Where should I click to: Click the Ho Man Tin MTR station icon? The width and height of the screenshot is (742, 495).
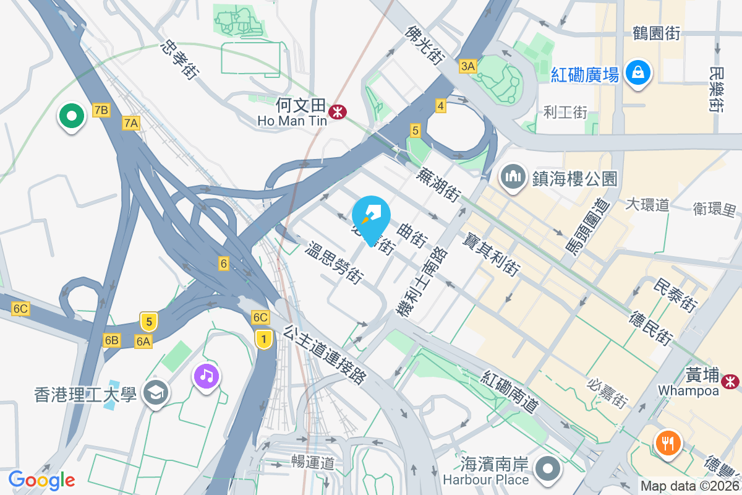[338, 112]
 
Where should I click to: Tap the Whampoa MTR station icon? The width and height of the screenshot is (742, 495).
[732, 381]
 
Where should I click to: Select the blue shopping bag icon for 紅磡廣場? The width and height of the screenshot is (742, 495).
[637, 73]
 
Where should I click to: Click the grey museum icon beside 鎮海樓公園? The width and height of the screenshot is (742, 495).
[514, 178]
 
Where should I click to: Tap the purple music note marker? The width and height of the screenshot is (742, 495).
[207, 376]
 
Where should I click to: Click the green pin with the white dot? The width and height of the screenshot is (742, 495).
[72, 116]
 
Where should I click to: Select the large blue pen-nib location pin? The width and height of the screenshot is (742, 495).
[371, 215]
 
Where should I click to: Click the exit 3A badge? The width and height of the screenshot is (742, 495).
[468, 66]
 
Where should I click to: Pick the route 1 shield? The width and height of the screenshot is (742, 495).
[264, 338]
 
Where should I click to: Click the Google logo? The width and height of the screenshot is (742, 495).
[41, 480]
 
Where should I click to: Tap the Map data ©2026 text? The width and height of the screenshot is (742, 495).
[689, 486]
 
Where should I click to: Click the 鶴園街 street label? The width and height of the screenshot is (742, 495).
[656, 33]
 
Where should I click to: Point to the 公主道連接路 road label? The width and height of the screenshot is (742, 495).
[325, 355]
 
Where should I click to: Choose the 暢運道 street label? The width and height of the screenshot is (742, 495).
[313, 462]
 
